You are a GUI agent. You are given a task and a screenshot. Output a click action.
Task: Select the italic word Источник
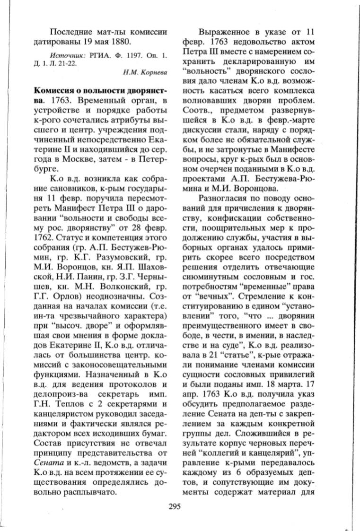tap(65, 56)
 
